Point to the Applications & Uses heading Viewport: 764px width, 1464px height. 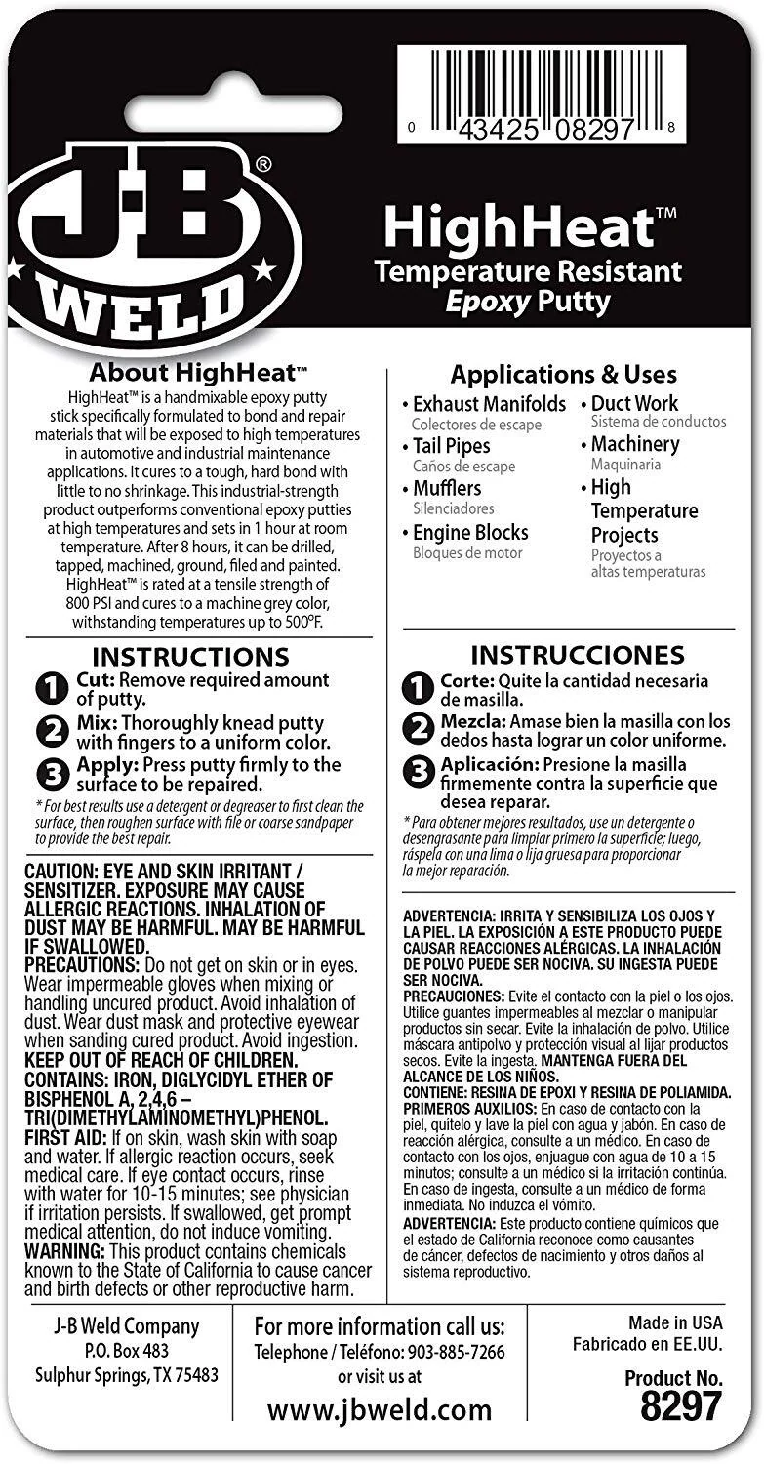click(x=563, y=374)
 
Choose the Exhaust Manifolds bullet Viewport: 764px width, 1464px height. click(x=488, y=404)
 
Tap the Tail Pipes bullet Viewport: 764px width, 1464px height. click(x=451, y=446)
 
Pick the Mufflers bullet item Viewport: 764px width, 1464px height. click(x=447, y=488)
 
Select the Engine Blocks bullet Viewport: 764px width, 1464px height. click(x=469, y=533)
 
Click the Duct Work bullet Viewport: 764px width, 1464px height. click(x=634, y=403)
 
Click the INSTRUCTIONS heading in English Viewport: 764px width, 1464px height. click(x=190, y=656)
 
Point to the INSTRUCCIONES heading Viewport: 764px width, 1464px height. click(x=578, y=654)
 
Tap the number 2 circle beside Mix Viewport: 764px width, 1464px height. click(x=50, y=731)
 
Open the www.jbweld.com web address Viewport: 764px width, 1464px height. click(x=380, y=1410)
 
